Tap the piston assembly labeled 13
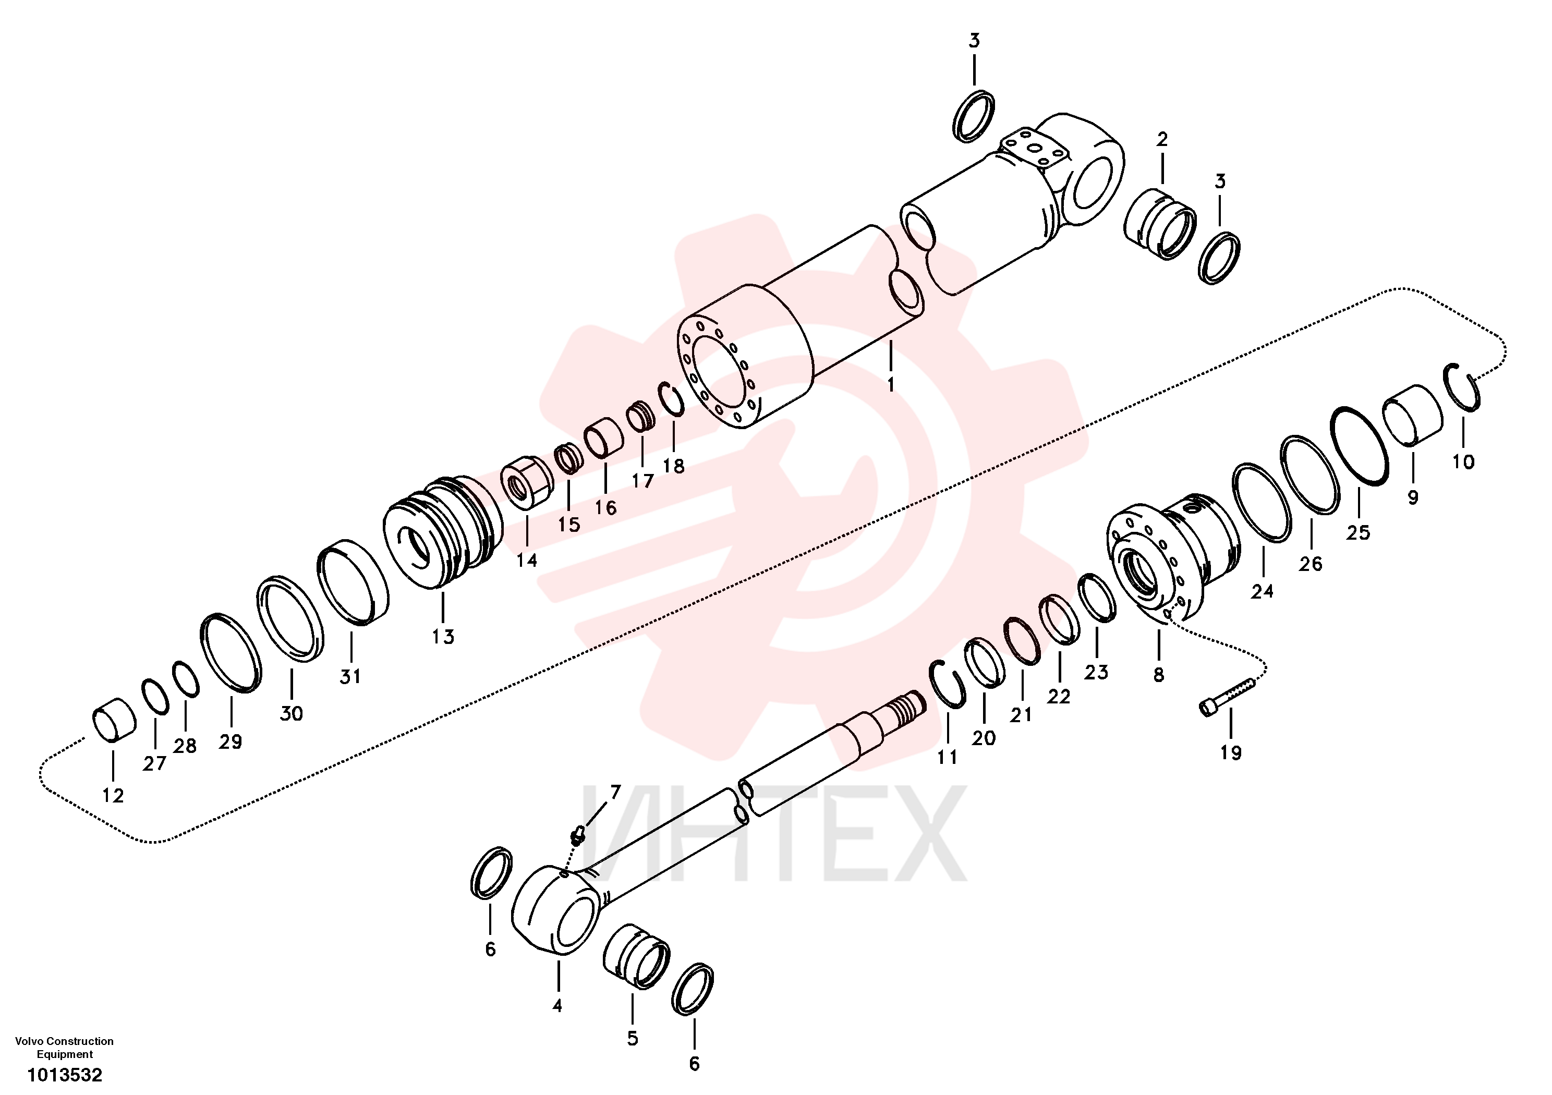443,531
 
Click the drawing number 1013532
65,1075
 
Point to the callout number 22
1059,696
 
